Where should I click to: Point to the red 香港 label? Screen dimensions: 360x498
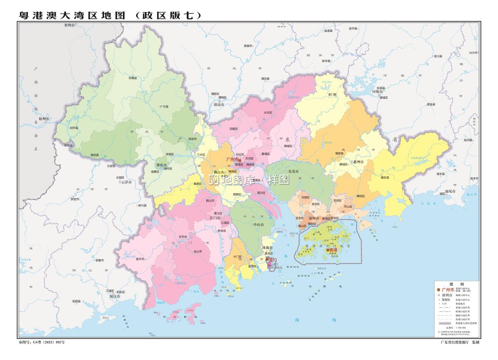coord(332,250)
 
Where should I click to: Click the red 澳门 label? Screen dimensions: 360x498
coord(273,260)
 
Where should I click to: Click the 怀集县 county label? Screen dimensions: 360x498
coord(133,78)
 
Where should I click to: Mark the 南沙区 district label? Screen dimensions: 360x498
coord(261,193)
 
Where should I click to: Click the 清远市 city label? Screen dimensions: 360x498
coord(219,105)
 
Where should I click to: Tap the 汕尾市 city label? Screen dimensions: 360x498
coord(450,191)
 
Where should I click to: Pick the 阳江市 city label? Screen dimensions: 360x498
coord(115,297)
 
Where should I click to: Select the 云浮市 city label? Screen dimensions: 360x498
coord(126,182)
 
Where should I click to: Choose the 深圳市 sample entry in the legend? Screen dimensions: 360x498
coord(447,294)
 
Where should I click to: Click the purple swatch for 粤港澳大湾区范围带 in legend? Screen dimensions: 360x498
coord(443,322)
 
